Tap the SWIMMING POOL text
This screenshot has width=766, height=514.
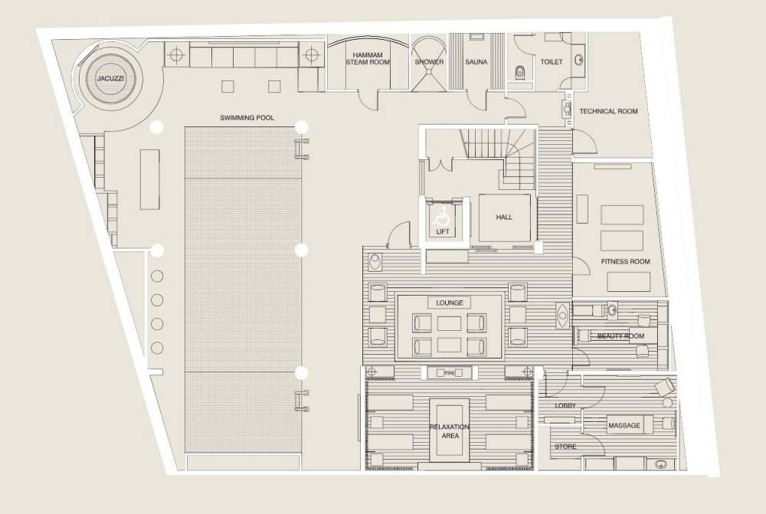coord(247,118)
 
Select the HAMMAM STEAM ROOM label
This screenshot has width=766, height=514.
coord(368,59)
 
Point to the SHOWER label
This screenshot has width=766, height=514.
coord(429,62)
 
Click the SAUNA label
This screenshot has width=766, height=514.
coord(476,62)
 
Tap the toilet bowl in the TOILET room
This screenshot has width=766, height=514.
coord(520,72)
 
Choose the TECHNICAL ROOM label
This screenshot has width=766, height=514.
coord(608,111)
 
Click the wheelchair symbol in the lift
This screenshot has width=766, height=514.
coord(441,215)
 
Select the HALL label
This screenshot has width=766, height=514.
coord(504,217)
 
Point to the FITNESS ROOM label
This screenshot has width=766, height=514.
coord(625,261)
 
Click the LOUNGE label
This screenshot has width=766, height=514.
coord(450,303)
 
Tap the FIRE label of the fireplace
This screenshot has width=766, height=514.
coord(450,373)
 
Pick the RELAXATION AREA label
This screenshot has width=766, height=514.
coord(450,431)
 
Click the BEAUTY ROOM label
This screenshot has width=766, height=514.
coord(620,336)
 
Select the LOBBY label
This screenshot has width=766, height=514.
coord(565,405)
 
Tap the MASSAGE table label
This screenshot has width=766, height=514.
coord(624,426)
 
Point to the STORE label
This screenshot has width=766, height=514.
coord(565,447)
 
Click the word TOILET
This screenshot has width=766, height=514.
coord(551,62)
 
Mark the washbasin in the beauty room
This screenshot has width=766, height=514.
coord(611,308)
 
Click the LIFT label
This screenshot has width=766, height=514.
coord(442,231)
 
